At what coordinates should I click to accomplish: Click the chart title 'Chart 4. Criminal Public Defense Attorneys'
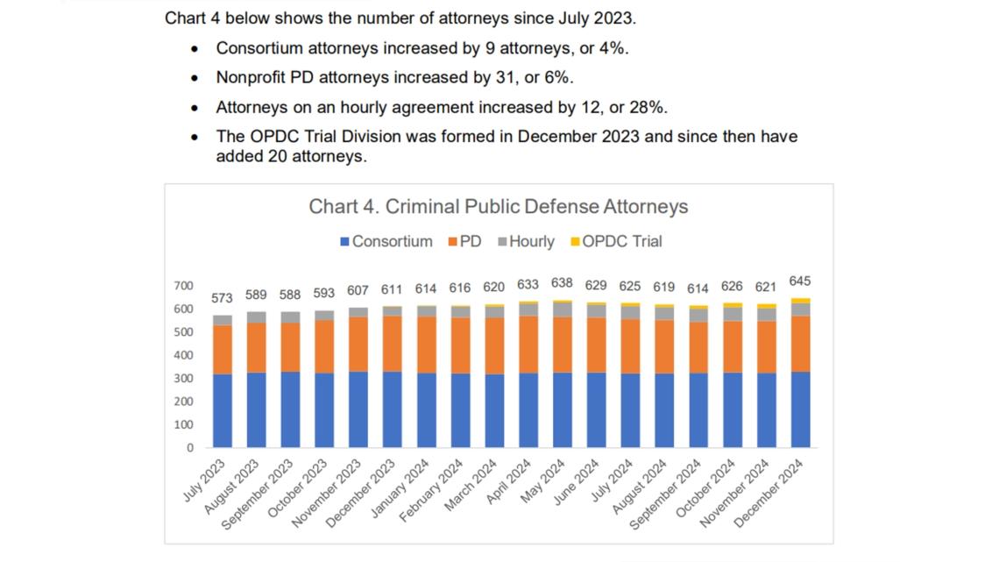coord(498,207)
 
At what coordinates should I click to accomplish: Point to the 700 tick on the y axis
coord(183,286)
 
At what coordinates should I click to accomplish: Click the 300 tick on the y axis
coord(183,378)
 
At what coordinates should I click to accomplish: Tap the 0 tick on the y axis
coord(189,447)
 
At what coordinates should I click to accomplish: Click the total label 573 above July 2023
coord(223,298)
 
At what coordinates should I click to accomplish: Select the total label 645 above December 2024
coord(799,281)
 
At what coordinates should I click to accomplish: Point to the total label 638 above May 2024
coord(562,283)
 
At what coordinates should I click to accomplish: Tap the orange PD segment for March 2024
coord(494,345)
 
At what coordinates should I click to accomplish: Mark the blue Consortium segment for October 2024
coord(732,409)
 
